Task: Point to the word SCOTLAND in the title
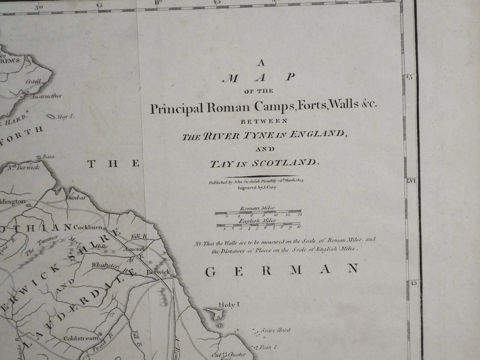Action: point(287,163)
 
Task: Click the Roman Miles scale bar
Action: point(258,212)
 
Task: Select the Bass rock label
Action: point(48,157)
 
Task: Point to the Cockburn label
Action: point(88,227)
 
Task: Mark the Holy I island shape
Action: point(217,314)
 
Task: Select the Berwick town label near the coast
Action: point(158,272)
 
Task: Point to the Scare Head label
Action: point(278,330)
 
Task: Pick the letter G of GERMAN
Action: point(210,271)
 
